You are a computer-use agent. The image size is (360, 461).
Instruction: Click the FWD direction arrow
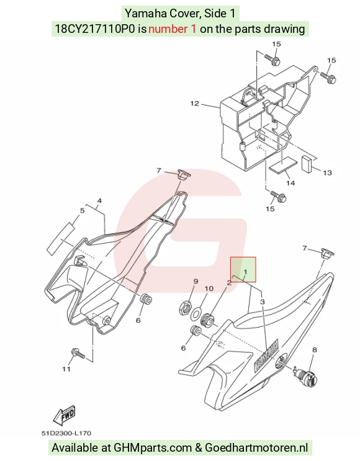[65, 416]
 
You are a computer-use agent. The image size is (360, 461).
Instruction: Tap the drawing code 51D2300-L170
[66, 433]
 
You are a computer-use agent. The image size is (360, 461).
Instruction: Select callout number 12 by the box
[195, 104]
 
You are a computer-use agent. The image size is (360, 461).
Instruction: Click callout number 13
[327, 172]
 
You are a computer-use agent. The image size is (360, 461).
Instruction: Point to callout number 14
[290, 183]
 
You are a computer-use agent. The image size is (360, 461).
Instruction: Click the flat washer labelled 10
[196, 313]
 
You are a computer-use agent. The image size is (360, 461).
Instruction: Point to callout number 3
[263, 302]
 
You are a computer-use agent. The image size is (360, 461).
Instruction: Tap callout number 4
[99, 201]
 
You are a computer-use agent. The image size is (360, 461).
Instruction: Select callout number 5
[82, 210]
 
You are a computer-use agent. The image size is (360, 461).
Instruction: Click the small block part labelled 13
[307, 163]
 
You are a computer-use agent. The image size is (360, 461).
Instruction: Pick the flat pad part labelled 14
[282, 165]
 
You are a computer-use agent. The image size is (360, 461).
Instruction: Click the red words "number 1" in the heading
[172, 29]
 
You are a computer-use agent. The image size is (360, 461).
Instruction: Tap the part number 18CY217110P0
[96, 29]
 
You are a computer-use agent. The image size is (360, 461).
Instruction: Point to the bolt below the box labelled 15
[278, 197]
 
